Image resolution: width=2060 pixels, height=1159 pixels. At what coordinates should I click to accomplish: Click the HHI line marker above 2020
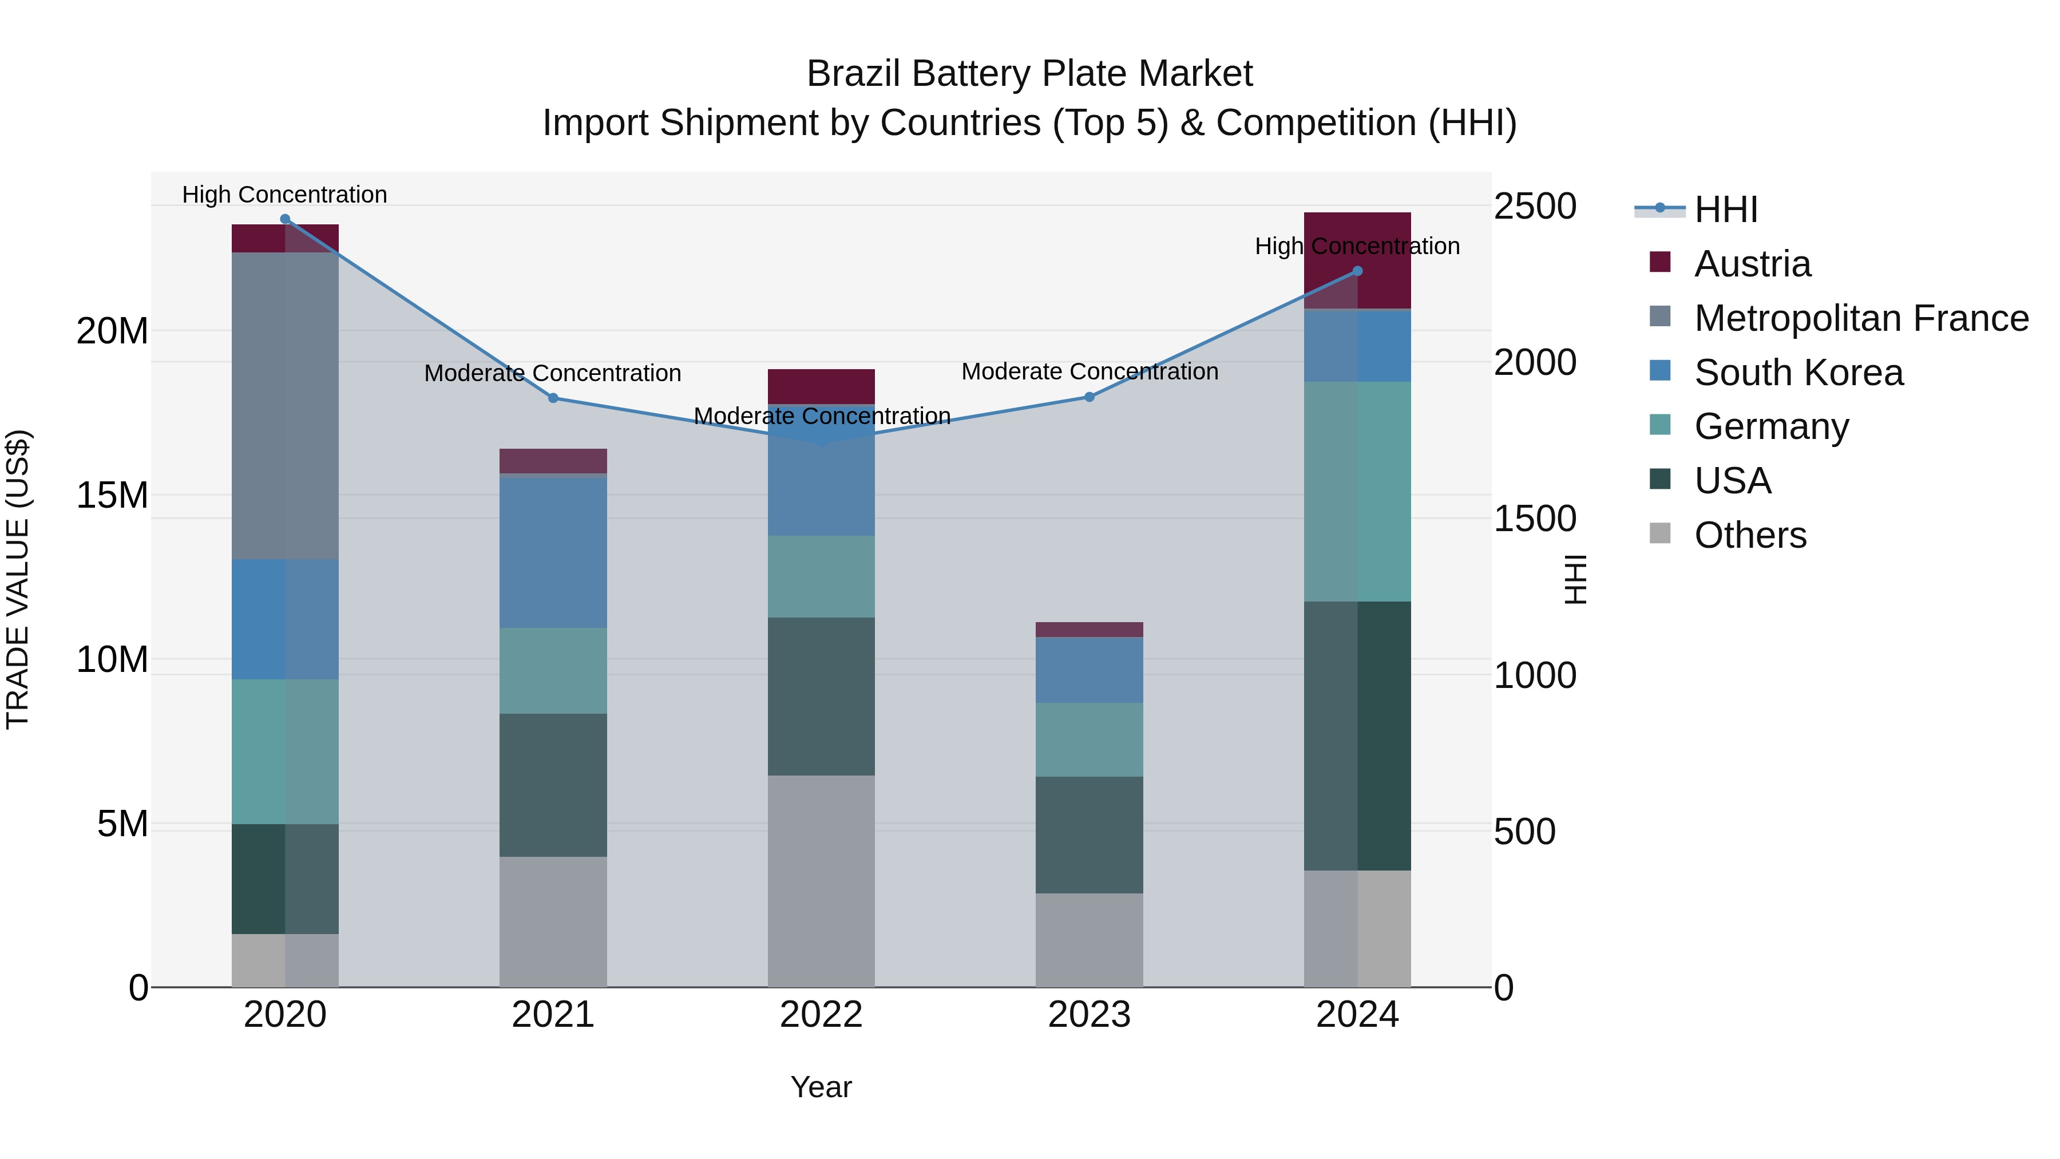tap(285, 219)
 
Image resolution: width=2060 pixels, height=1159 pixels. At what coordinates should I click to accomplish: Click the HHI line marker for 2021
tap(553, 398)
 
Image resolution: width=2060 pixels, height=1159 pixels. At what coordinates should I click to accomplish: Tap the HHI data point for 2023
tap(1089, 397)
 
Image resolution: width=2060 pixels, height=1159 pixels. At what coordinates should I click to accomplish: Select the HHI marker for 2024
tap(1357, 271)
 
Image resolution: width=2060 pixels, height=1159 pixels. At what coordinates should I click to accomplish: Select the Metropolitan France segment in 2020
tap(285, 406)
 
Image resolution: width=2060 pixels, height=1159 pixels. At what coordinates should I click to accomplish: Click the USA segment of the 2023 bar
tap(1089, 834)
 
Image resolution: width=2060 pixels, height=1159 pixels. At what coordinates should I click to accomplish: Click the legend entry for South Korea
tap(1798, 373)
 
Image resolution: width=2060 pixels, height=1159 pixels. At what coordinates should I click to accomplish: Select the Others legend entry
tap(1750, 535)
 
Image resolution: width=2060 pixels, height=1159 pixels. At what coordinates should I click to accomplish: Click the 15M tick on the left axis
tap(112, 495)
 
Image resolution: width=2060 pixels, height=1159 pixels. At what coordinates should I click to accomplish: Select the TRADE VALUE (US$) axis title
tap(18, 579)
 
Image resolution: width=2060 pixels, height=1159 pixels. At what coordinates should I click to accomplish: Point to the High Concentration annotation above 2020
tap(285, 195)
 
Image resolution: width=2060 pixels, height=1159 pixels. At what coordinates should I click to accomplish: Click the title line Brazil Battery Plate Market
tap(1029, 74)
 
